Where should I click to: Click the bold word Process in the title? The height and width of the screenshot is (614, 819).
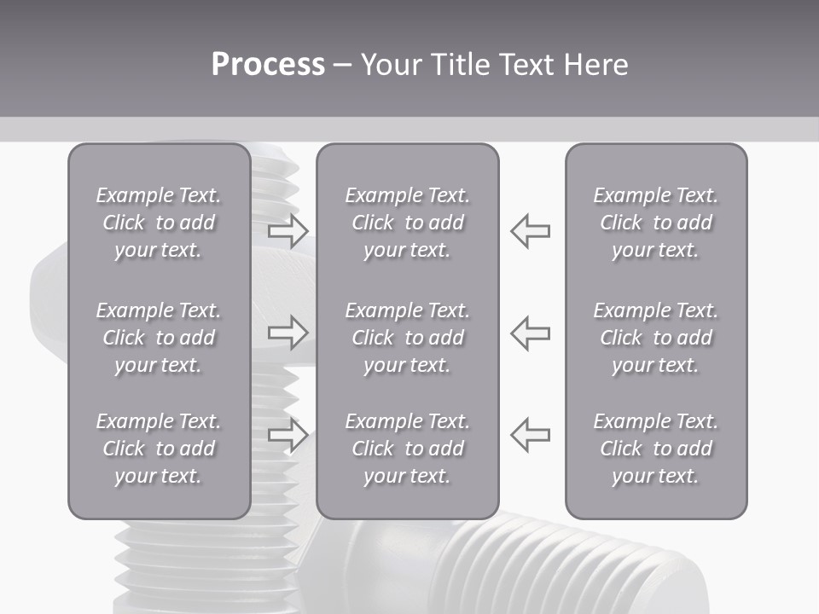click(268, 65)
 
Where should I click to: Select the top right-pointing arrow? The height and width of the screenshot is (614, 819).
click(288, 230)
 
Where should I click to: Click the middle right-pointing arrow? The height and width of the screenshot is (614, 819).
click(288, 333)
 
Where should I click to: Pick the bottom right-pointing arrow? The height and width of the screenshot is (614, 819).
click(288, 434)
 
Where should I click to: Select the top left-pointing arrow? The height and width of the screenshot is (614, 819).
click(531, 230)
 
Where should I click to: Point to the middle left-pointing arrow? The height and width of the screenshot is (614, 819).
click(531, 333)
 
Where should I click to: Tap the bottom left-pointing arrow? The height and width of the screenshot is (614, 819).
click(531, 434)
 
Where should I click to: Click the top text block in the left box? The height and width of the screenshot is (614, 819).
click(159, 223)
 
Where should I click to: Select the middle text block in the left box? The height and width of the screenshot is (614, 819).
click(159, 338)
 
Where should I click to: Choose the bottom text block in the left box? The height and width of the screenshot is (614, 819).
click(159, 449)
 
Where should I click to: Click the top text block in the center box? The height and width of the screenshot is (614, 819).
click(407, 223)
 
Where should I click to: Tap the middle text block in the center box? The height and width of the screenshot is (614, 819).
click(407, 338)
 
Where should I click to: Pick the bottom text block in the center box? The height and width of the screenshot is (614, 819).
click(407, 449)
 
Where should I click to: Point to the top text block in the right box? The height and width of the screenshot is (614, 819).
click(655, 223)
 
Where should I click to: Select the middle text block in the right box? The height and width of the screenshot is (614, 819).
click(655, 338)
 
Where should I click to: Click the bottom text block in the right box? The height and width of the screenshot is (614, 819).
click(655, 449)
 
